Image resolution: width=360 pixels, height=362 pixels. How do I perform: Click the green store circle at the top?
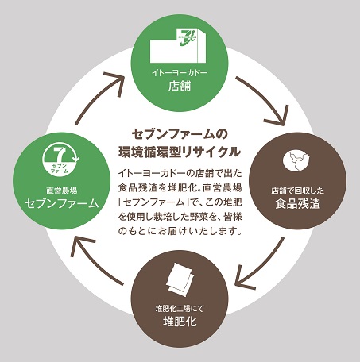coord(180,60)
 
